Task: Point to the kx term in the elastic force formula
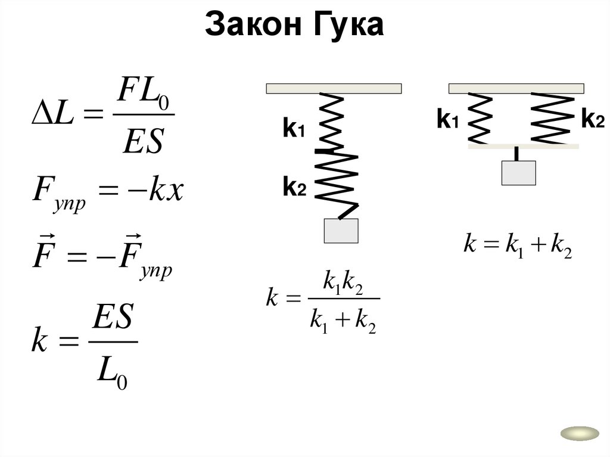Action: tap(165, 192)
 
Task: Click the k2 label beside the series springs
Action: tap(294, 188)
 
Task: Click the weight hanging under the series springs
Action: tap(341, 231)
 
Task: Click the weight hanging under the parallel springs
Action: tap(519, 173)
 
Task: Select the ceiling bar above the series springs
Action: tap(334, 89)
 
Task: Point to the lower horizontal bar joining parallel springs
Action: tap(524, 145)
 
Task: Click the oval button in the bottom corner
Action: tap(579, 433)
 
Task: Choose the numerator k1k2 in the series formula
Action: tap(342, 285)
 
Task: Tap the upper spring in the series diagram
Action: tap(330, 121)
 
